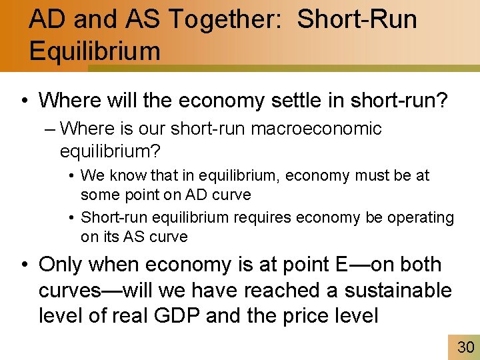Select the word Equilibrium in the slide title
tap(95, 51)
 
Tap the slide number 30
tap(464, 347)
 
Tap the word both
tap(419, 264)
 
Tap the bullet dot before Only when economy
tap(24, 265)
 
